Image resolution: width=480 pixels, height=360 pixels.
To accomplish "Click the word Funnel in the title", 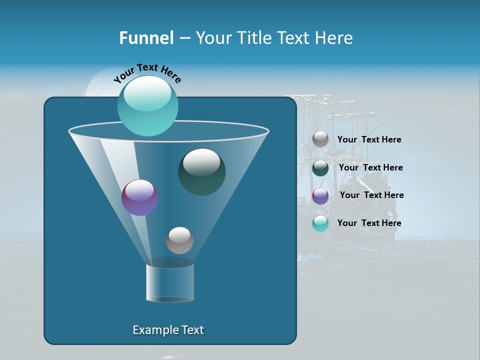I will (146, 38).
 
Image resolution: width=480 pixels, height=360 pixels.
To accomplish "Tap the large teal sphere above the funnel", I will (147, 106).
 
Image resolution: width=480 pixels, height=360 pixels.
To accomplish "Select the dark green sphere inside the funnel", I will (201, 172).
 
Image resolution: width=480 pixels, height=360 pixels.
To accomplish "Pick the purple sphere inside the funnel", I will (140, 197).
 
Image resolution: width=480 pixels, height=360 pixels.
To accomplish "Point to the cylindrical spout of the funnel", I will (170, 282).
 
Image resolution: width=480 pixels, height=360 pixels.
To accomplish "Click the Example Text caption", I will (168, 330).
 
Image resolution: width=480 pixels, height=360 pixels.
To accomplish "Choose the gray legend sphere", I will (320, 139).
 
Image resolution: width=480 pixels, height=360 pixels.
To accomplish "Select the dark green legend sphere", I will (320, 168).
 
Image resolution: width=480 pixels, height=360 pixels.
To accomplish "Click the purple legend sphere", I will (320, 196).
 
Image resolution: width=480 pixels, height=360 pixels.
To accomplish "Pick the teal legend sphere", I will (320, 223).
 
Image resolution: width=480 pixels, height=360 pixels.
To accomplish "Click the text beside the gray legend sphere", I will (369, 139).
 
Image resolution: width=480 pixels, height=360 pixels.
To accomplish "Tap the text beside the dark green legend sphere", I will (370, 167).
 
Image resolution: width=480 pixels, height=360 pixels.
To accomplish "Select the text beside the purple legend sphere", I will (371, 195).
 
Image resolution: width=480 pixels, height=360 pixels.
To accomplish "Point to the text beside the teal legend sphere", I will (369, 223).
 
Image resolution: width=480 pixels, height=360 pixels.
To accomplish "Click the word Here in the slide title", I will (334, 38).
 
